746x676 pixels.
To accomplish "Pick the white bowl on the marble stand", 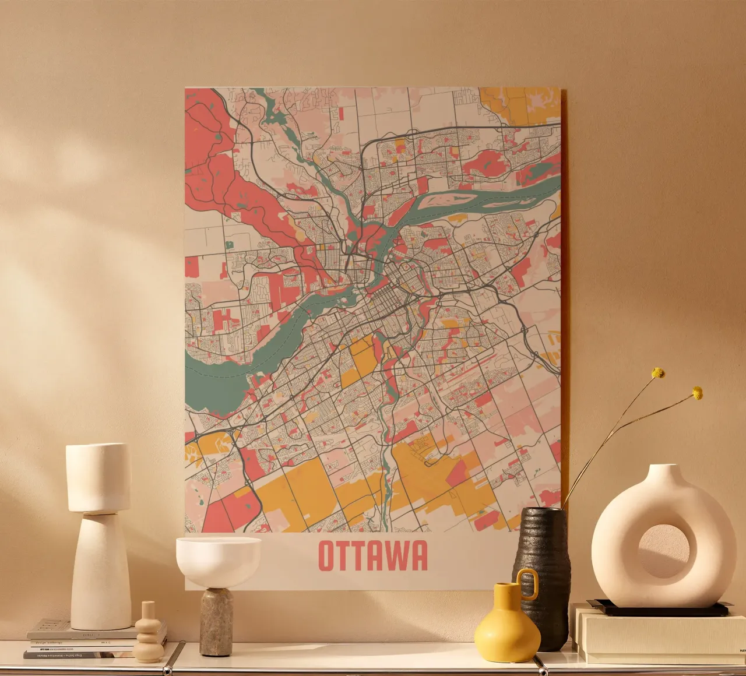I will [x=218, y=559].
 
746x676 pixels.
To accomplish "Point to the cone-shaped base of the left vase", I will [x=100, y=571].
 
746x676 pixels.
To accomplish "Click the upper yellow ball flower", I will [x=658, y=373].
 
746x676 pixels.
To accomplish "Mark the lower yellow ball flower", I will [x=697, y=393].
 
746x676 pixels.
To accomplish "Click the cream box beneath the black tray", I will [x=659, y=635].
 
